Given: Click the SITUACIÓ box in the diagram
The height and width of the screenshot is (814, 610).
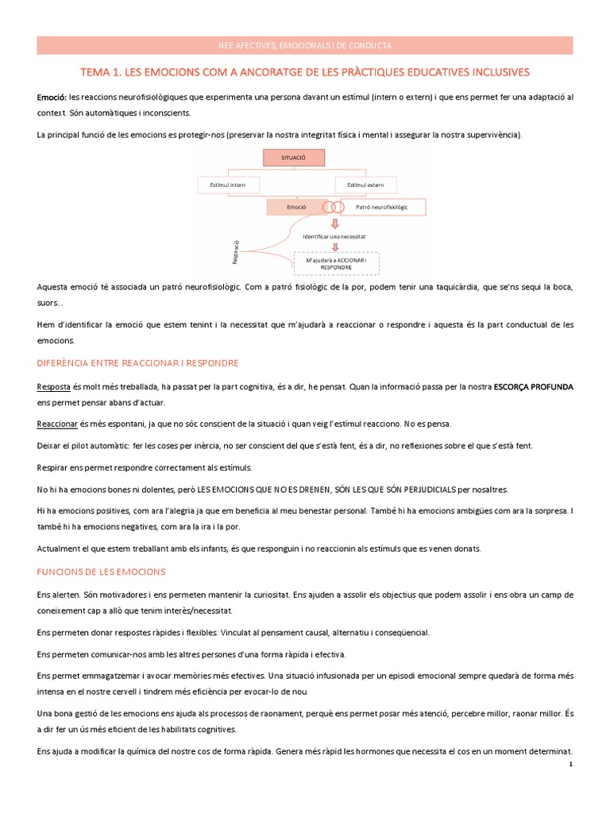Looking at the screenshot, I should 293,159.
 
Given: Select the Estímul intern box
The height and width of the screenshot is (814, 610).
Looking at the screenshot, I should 227,184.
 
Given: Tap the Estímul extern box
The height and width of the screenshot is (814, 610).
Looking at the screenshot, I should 365,184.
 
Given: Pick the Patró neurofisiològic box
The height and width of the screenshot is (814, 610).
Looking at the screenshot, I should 381,207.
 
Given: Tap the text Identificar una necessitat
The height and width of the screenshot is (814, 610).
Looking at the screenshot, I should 334,237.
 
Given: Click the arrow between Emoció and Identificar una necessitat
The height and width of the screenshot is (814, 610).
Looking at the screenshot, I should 334,223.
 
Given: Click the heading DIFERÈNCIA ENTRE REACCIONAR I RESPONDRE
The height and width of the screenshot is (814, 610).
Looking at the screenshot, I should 137,362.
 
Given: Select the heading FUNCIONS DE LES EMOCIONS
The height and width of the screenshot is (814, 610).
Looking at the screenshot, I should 101,572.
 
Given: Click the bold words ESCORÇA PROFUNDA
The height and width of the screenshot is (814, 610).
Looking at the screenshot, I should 534,386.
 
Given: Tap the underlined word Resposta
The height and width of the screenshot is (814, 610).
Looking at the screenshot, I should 53,386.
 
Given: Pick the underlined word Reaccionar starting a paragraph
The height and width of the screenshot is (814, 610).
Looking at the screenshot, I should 56,424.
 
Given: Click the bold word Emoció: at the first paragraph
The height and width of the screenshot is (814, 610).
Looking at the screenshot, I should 53,96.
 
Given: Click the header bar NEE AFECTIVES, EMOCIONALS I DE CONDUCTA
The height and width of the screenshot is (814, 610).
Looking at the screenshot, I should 305,45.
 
